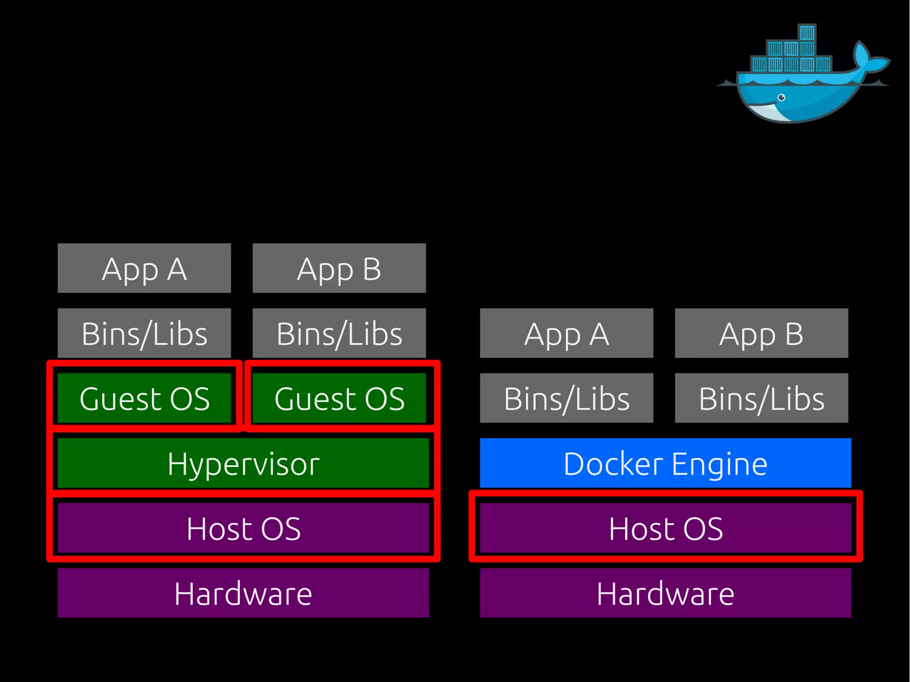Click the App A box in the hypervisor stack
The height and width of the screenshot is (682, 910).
click(144, 268)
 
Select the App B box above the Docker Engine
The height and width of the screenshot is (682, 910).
click(761, 333)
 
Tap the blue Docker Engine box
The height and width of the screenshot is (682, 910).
click(665, 463)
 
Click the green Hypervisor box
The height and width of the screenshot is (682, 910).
click(243, 463)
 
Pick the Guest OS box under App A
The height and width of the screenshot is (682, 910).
click(144, 398)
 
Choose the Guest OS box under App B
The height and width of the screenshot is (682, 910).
click(339, 398)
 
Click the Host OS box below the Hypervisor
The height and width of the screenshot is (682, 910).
click(243, 528)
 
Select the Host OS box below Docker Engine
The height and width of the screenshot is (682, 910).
click(665, 528)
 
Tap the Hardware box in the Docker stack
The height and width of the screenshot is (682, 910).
click(665, 593)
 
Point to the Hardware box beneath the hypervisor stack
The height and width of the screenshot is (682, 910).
click(243, 593)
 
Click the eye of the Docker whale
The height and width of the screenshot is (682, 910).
click(782, 97)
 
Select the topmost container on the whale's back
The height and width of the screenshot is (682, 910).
click(807, 33)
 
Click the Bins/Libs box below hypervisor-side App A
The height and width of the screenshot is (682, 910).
click(144, 333)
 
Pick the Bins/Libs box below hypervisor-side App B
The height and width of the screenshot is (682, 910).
click(339, 333)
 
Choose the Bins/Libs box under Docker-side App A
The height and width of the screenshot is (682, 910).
click(567, 398)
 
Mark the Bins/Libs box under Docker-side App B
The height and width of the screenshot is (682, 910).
click(761, 398)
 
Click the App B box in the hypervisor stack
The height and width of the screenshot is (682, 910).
click(339, 268)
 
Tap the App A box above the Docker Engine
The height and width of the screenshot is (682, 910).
click(567, 333)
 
